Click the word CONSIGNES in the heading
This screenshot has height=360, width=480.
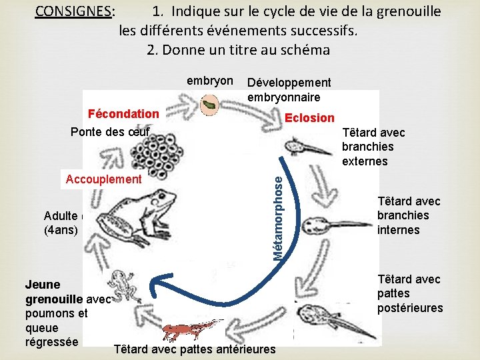point(73,11)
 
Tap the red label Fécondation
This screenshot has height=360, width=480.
point(123,114)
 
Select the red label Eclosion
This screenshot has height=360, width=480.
point(309,118)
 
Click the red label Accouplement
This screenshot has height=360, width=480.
point(103,179)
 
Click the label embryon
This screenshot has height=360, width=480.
point(209,81)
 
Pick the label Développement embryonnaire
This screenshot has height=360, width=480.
point(288,89)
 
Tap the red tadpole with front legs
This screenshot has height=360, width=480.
point(193,329)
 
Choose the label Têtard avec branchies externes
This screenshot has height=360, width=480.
point(373,147)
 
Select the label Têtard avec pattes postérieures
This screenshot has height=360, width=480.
point(409,293)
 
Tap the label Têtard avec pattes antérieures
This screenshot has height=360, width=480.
point(195,349)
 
